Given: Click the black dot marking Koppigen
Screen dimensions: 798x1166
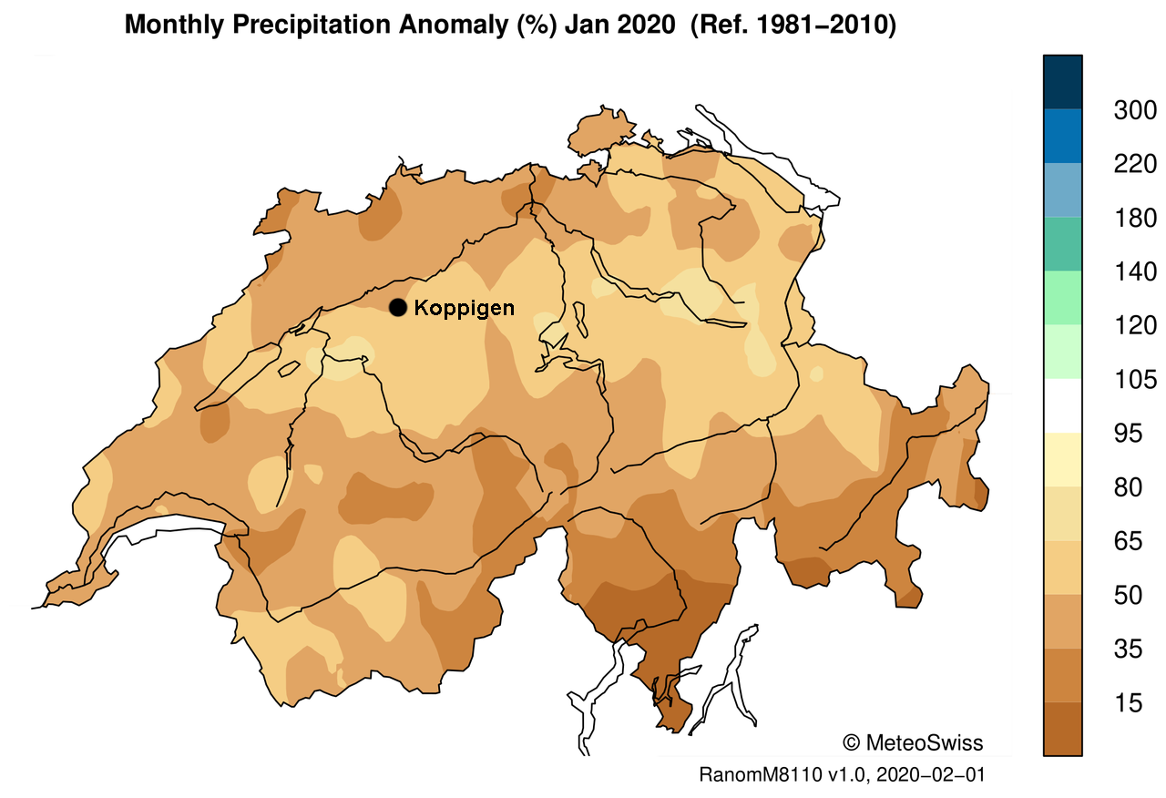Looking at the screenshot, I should coord(397,308).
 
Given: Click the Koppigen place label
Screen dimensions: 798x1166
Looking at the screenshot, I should coord(464,308).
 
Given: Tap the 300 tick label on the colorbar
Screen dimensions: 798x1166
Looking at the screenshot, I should coord(1135,111).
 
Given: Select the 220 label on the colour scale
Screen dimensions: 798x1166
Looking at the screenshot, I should coord(1135,165).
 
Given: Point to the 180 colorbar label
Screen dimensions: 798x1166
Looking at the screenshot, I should coord(1135,219).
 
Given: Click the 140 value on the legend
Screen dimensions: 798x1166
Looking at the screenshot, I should coord(1135,272).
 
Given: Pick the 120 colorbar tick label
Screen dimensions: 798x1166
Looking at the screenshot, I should coord(1135,326).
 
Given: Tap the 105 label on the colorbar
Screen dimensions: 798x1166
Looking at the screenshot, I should coord(1135,380).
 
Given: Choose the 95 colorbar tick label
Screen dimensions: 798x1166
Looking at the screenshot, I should coord(1135,434).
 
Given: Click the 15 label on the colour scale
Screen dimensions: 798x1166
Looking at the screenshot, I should coord(1135,702).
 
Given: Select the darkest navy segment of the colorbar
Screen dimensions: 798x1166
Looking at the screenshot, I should coord(1062,82).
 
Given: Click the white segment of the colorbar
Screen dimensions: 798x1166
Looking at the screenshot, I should coord(1062,405).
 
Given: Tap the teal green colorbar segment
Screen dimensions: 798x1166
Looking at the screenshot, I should coord(1062,244).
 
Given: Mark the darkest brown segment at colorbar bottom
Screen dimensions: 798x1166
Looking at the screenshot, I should coord(1062,729).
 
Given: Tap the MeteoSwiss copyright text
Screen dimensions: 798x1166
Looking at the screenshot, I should coord(914,742).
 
